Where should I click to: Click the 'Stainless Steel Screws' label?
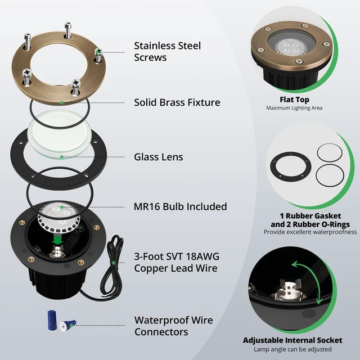point(168,51)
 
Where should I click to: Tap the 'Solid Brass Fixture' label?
point(177,102)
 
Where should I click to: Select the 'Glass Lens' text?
point(159,157)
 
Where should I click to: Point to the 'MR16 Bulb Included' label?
point(180,206)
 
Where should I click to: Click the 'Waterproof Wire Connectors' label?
point(174,326)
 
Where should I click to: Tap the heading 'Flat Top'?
point(294,100)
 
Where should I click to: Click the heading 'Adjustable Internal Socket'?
point(292,340)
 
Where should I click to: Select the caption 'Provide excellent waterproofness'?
point(310,232)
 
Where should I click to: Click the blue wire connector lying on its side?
point(68,326)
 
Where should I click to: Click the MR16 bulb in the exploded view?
point(58,218)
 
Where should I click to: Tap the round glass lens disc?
point(59,134)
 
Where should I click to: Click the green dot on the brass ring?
point(61,102)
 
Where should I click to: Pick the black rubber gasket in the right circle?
point(291,166)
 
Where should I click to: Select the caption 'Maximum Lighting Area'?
point(294,108)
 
